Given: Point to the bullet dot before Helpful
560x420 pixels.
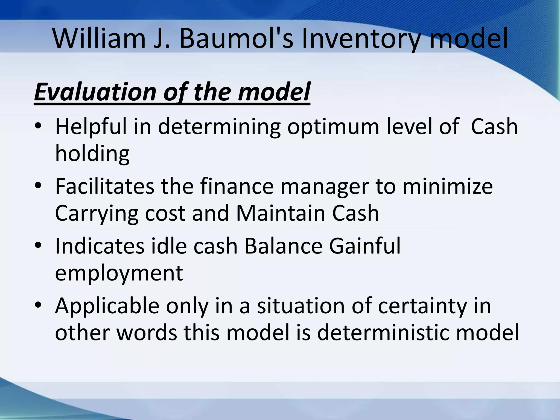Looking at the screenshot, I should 38,127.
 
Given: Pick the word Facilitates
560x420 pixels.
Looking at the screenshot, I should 104,186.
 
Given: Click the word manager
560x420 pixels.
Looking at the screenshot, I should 325,186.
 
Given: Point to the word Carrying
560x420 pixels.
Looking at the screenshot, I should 97,213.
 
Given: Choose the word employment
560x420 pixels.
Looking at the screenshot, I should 119,273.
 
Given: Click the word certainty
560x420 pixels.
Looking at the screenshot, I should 422,306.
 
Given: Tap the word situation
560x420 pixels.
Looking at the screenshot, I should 301,305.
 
